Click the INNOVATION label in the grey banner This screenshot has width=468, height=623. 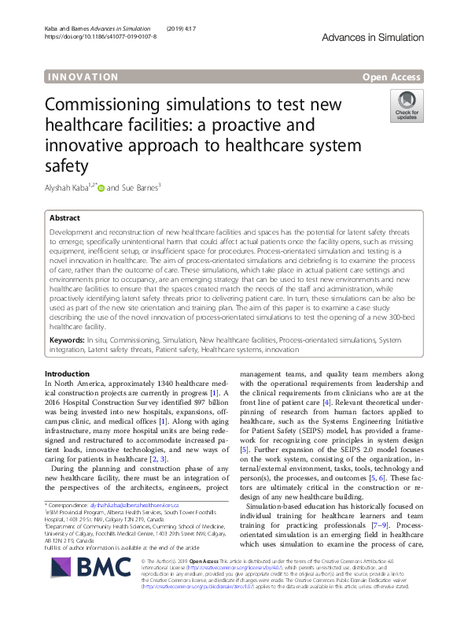(x=83, y=77)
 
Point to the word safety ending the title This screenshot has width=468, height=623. (x=65, y=165)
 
